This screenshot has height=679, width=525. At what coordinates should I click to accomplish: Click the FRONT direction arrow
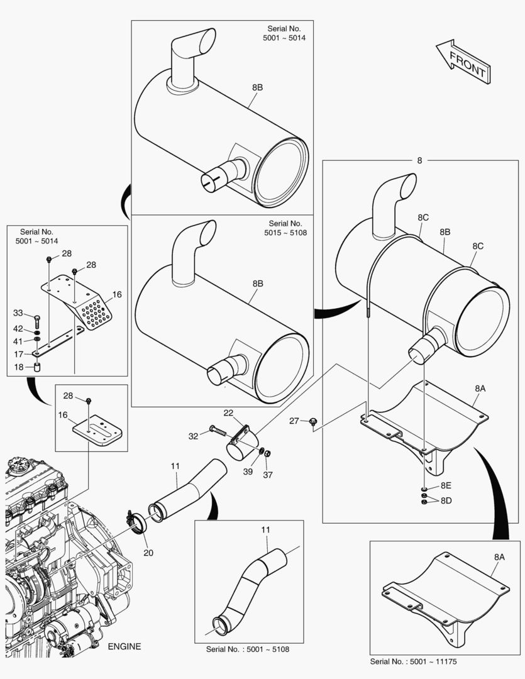463,62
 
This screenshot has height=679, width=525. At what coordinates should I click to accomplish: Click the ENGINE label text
124,646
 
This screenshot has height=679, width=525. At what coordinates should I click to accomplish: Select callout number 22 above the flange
228,412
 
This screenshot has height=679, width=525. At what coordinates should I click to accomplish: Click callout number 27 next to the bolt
294,421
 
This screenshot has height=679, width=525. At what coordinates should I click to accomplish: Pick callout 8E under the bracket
446,485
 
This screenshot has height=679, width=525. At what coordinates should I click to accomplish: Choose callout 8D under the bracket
446,500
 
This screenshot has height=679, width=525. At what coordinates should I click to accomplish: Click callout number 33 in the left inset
18,312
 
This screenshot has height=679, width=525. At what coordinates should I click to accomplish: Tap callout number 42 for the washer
18,328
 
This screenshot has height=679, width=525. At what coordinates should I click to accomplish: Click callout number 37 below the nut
268,475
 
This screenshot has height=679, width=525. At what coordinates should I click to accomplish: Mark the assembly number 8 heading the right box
419,160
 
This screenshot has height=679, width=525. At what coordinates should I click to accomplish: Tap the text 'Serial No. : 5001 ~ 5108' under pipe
248,649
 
